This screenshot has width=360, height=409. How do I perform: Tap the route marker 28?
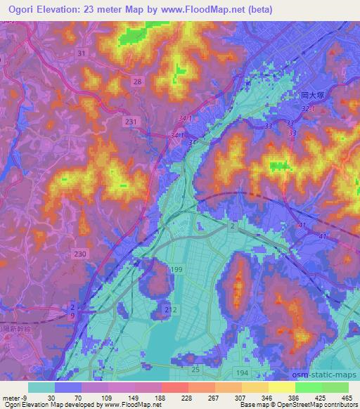pyautogui.click(x=137, y=82)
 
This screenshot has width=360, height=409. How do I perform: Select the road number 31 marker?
pyautogui.click(x=82, y=53)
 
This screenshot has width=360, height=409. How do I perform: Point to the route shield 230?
pyautogui.click(x=81, y=254)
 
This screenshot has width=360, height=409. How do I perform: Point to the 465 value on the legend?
pyautogui.click(x=346, y=397)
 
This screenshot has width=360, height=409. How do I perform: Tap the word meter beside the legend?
pyautogui.click(x=11, y=397)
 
